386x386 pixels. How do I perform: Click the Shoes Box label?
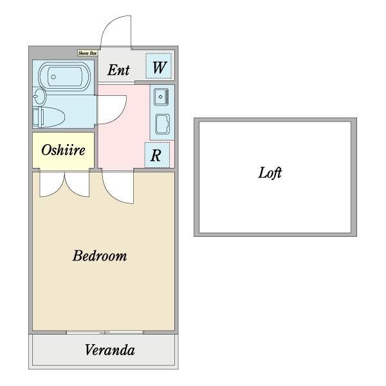[87, 53]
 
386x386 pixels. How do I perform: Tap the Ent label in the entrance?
[118, 70]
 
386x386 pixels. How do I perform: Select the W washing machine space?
[158, 66]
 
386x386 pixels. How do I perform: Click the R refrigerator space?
[157, 155]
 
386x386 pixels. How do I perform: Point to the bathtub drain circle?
[53, 77]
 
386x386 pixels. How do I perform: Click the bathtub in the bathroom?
[64, 77]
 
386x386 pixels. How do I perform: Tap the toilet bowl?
[49, 117]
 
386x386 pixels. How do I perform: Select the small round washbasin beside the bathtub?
[39, 96]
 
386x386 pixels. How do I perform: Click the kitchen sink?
[161, 97]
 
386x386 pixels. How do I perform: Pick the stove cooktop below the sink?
[163, 124]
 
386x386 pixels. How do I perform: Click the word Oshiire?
[63, 150]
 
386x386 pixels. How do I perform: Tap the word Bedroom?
[100, 255]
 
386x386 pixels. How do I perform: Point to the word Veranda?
[110, 350]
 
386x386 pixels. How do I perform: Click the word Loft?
[270, 172]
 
